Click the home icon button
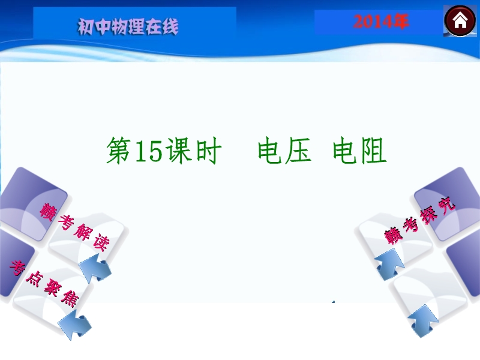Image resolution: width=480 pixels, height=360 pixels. tap(460, 21)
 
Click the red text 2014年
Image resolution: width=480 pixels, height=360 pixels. tap(380, 22)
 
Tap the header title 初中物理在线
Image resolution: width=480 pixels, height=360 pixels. tap(128, 26)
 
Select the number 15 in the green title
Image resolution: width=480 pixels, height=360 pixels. tap(148, 151)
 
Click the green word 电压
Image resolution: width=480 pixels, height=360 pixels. tap(284, 150)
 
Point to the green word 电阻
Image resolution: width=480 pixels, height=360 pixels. tap(359, 150)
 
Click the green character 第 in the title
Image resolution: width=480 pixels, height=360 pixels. tap(119, 150)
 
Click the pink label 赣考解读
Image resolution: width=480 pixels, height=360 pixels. tap(74, 227)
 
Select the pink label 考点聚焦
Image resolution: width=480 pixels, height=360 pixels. tap(43, 283)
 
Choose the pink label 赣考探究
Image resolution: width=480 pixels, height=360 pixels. tap(419, 220)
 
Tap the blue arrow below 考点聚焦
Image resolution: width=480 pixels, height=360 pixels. tap(75, 324)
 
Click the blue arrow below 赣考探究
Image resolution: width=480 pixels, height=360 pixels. tap(389, 265)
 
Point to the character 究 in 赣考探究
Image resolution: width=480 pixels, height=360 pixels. tap(446, 205)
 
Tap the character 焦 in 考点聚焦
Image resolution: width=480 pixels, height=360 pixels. tap(70, 298)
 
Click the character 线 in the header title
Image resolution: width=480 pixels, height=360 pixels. tap(170, 26)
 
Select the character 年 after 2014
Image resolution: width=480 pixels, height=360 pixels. tap(400, 22)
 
